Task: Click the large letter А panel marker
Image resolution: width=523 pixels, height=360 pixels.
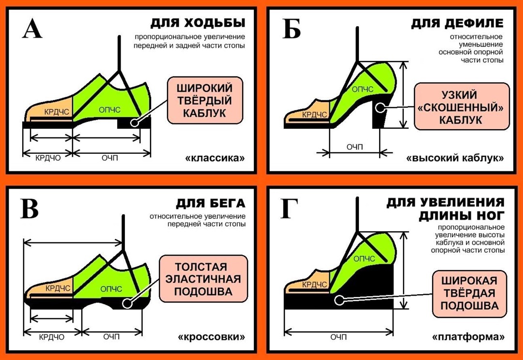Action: point(32,30)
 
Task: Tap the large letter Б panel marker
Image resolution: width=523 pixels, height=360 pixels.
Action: point(291,30)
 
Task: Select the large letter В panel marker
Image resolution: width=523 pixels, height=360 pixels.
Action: point(30,209)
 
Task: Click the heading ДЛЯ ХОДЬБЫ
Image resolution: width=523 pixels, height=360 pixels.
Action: point(198,23)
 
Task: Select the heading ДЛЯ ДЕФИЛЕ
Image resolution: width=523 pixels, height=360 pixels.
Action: point(457,23)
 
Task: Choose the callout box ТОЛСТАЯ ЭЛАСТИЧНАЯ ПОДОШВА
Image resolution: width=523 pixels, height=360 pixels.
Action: point(203,279)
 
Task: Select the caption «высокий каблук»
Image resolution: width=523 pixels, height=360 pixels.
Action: point(455,158)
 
